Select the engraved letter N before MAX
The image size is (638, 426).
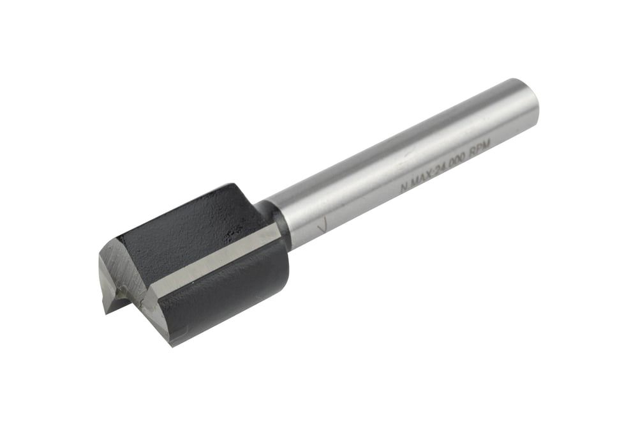[403, 188]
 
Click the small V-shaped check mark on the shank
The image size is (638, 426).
[323, 225]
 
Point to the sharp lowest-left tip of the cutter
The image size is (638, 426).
[105, 313]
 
